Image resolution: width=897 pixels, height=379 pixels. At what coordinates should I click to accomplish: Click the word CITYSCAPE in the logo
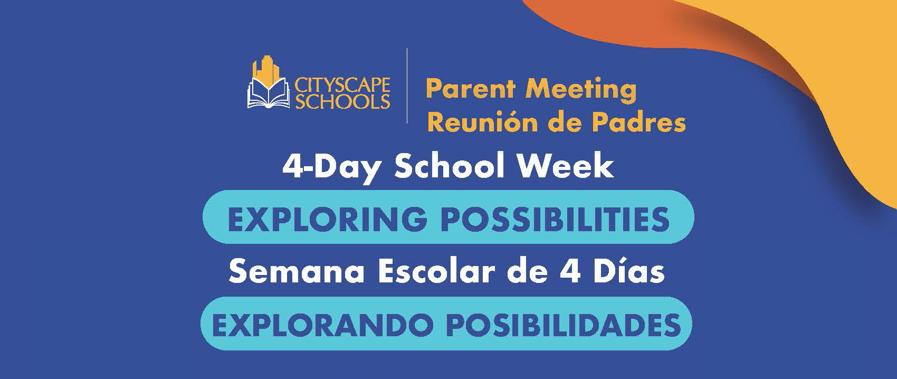(x=342, y=86)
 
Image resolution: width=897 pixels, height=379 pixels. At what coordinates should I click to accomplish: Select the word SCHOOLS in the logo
(x=342, y=101)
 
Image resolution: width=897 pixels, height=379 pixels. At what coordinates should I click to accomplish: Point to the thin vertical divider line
(x=407, y=86)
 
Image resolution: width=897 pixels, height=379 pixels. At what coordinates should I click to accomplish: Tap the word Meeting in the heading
(x=580, y=90)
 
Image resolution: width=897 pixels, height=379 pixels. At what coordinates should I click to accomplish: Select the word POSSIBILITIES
(x=556, y=219)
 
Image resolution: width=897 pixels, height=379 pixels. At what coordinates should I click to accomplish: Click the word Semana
(x=297, y=272)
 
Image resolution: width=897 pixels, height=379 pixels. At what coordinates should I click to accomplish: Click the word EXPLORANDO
(x=323, y=325)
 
